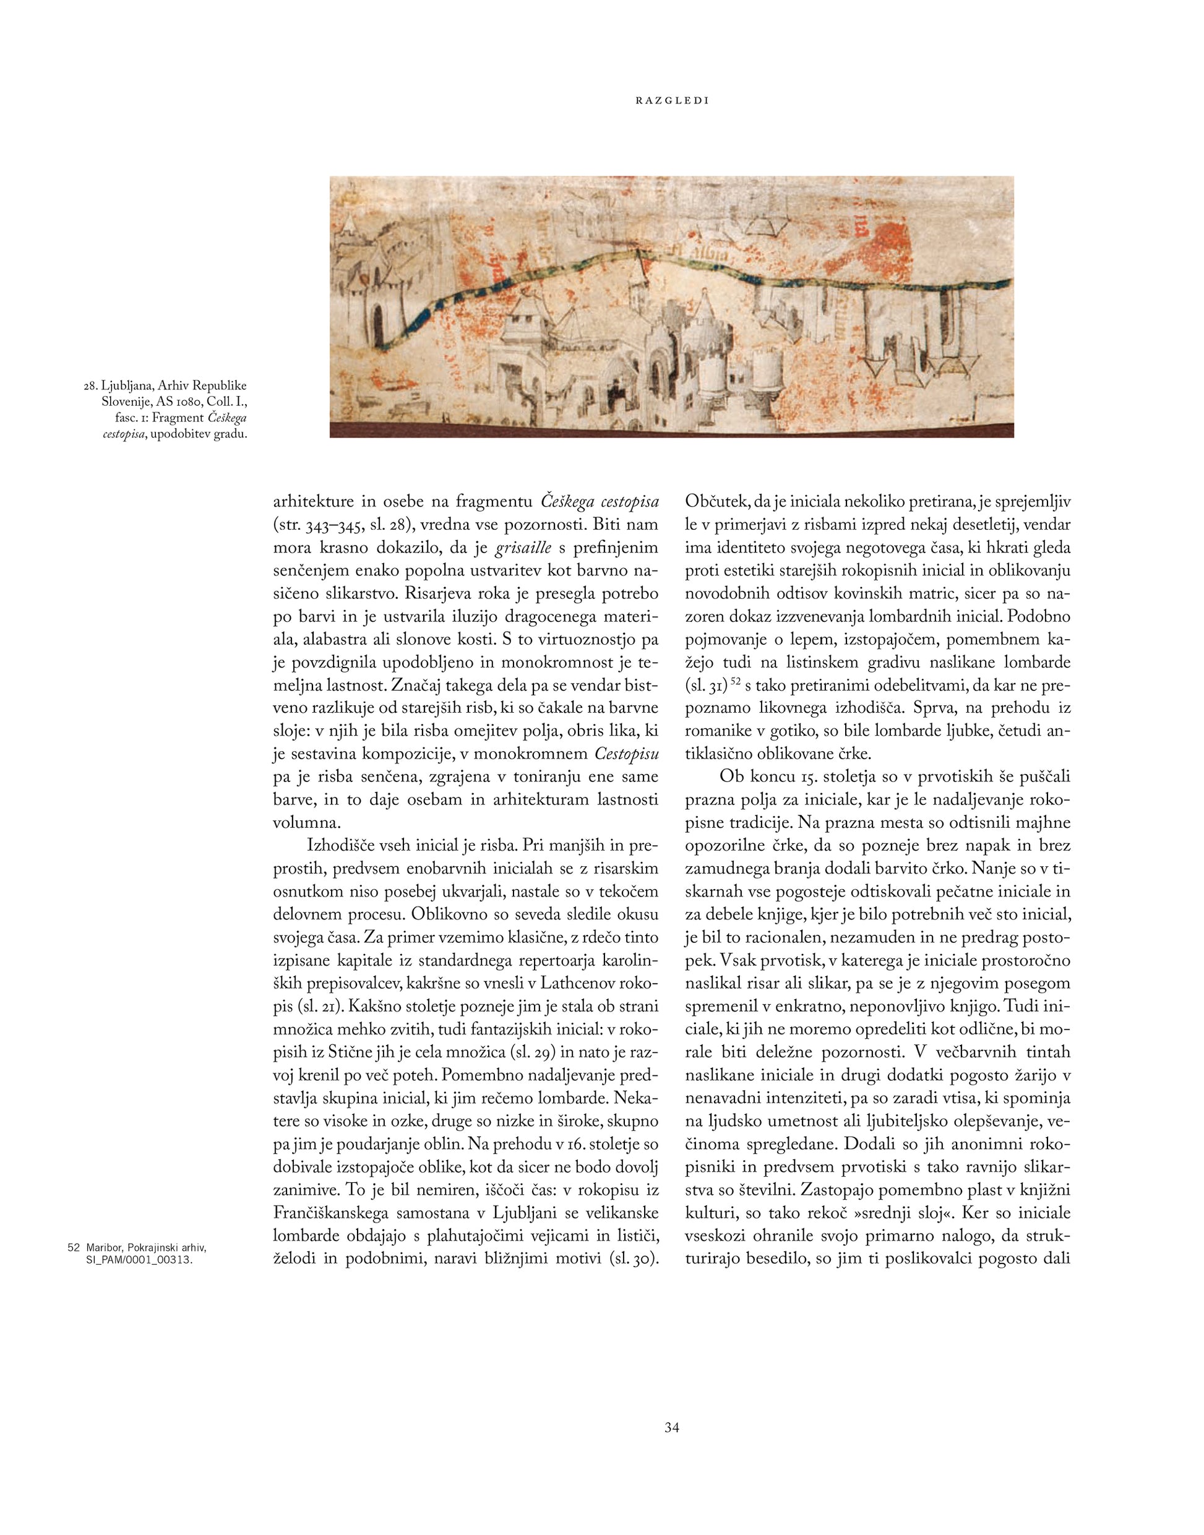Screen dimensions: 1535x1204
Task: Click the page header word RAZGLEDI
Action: [672, 101]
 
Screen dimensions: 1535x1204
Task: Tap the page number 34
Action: [671, 1428]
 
